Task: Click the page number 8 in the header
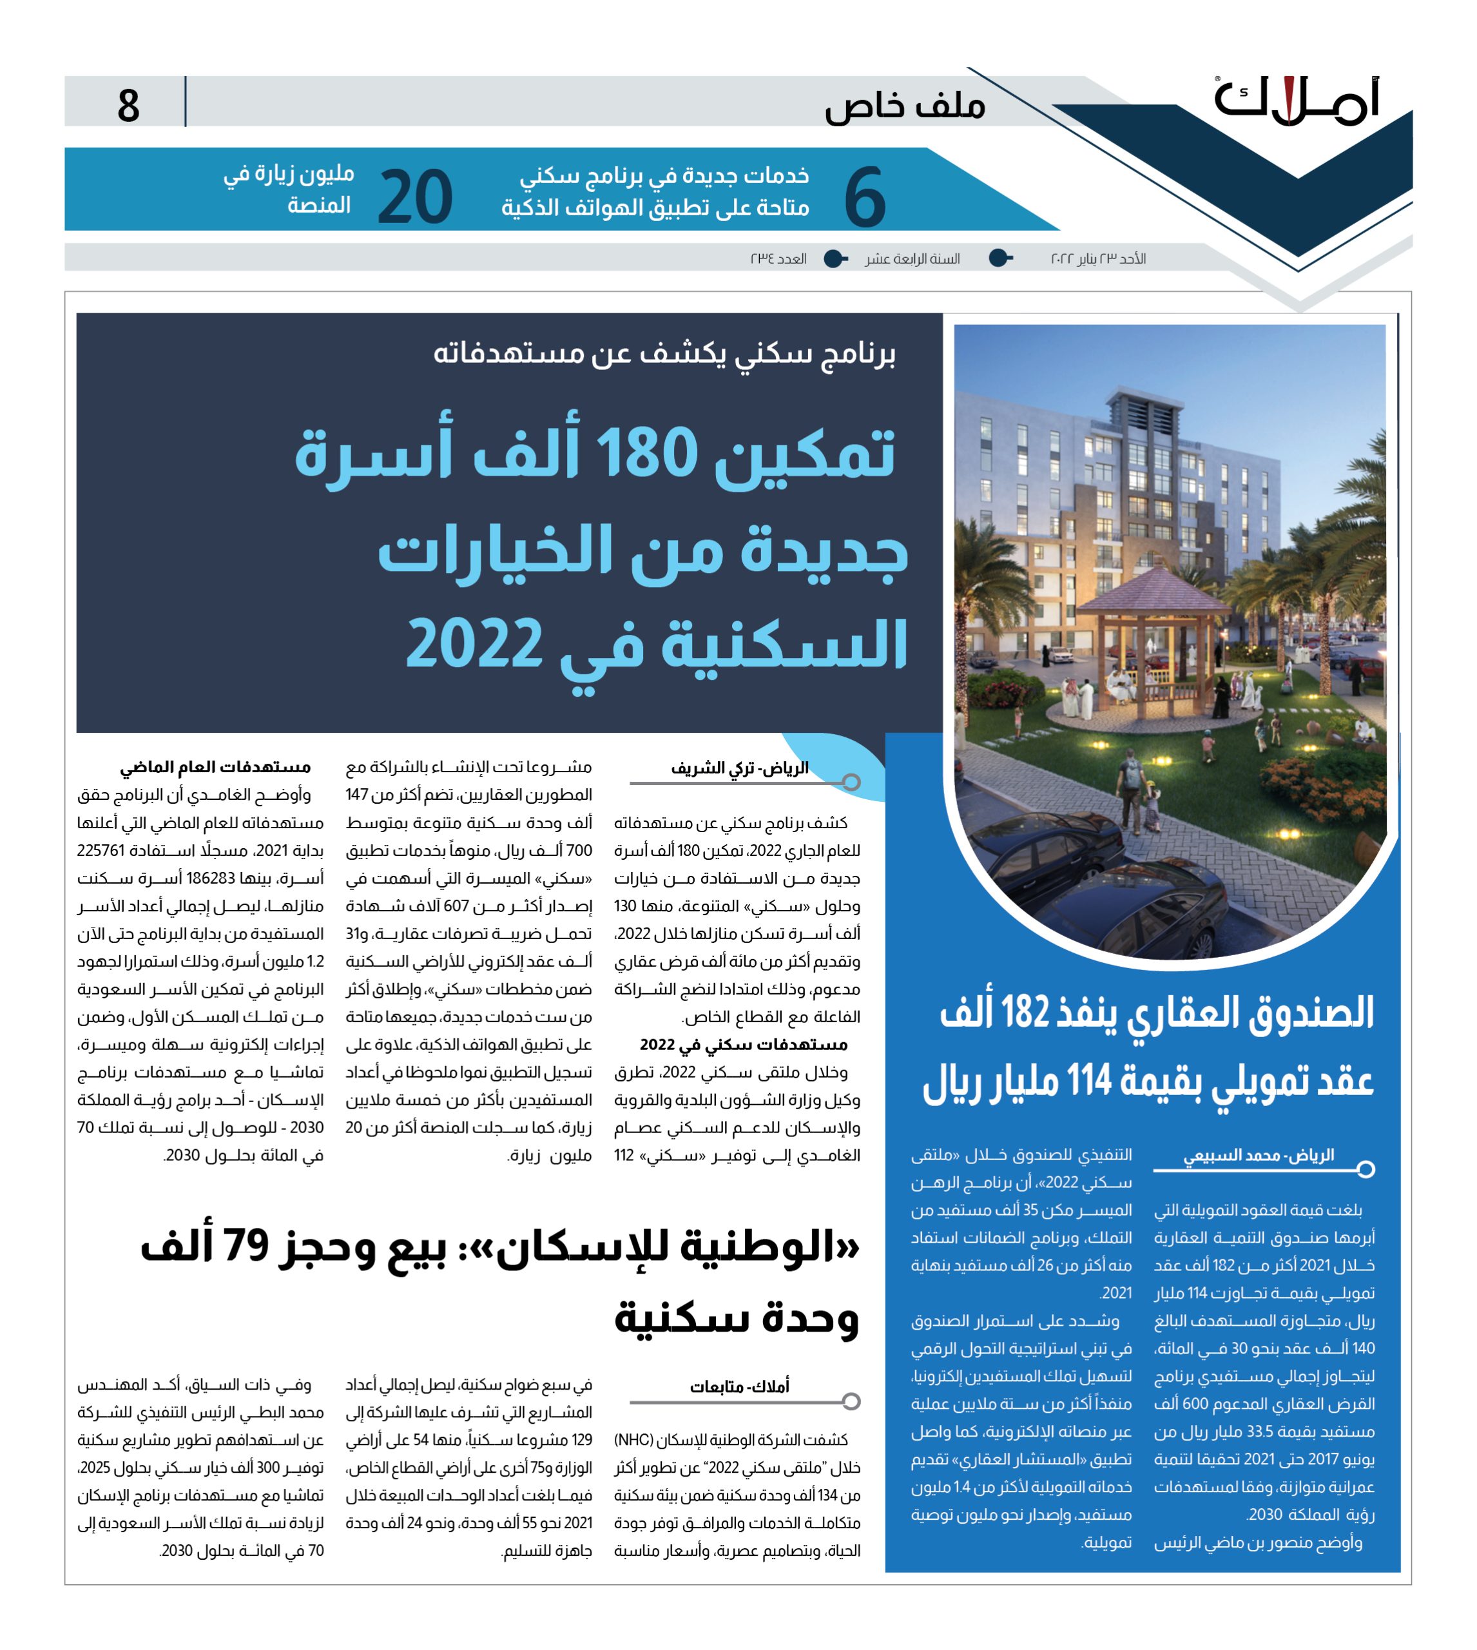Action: tap(128, 106)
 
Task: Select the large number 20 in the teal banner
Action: tap(415, 197)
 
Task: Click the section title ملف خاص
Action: tap(905, 106)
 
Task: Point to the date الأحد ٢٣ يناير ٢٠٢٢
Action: tap(1098, 259)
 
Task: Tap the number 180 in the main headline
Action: tap(647, 454)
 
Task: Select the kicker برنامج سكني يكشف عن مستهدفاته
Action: tap(664, 354)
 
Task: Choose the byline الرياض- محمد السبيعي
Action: tap(1258, 1155)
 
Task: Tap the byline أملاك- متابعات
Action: tap(738, 1386)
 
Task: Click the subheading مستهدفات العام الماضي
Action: tap(215, 767)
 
